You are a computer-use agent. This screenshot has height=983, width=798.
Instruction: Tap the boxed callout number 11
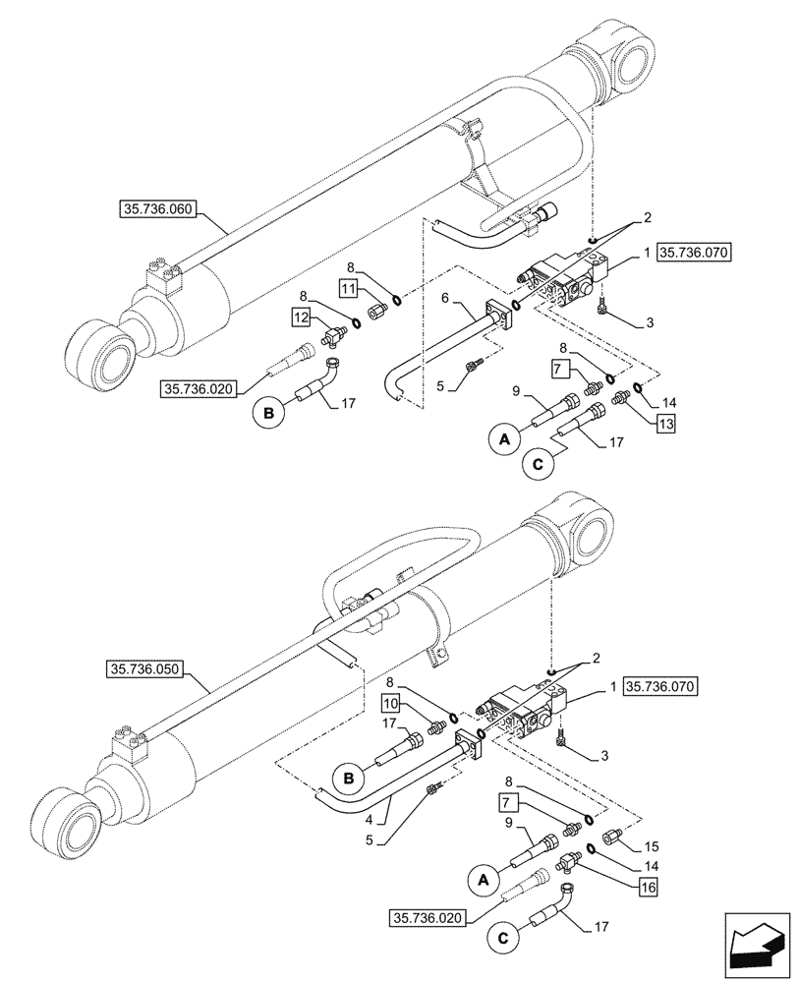(349, 288)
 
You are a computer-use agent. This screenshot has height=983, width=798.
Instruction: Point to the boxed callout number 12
(302, 317)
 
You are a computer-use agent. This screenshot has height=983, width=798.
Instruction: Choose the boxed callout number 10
(391, 704)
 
